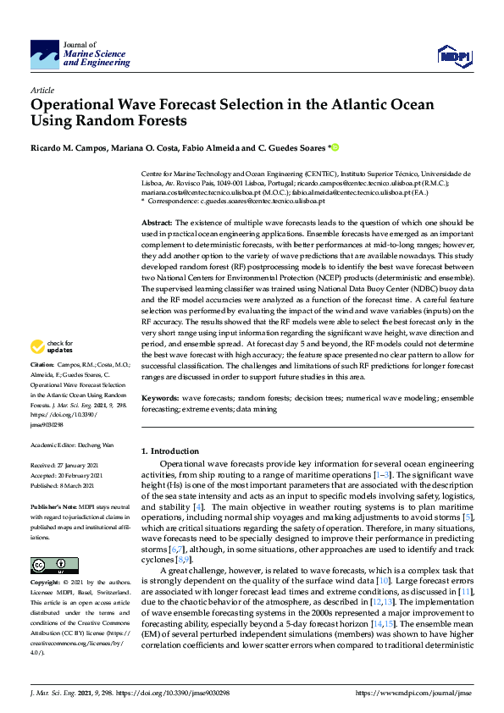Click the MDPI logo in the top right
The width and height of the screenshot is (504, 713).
pos(454,56)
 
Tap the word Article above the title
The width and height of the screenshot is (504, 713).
pos(42,90)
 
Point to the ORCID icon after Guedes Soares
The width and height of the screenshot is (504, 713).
pos(334,147)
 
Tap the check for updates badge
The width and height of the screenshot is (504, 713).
pos(51,347)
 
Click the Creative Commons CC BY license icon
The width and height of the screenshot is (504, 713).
pos(49,566)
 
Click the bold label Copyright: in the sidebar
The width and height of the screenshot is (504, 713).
pos(47,584)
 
